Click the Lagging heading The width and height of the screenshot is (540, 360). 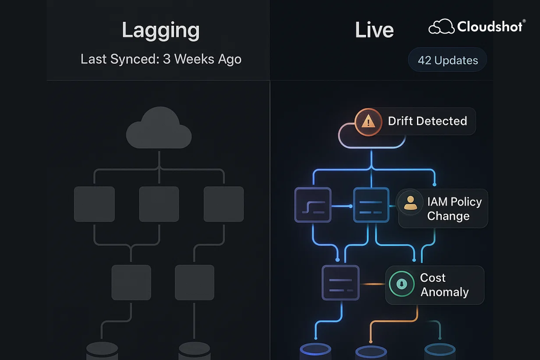click(160, 30)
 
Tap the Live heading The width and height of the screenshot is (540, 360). click(374, 30)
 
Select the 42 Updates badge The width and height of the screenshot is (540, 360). click(447, 60)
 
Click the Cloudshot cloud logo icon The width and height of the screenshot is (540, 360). click(441, 27)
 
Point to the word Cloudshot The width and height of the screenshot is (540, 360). click(489, 27)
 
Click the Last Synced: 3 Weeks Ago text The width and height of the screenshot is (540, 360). click(161, 59)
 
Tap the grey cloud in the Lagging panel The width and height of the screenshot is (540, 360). click(159, 129)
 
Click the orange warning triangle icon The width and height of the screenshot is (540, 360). click(368, 122)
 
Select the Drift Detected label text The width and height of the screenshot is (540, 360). click(427, 121)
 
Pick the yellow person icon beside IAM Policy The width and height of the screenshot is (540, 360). click(410, 202)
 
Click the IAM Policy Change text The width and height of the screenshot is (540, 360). click(454, 209)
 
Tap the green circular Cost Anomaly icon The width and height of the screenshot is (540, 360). click(402, 284)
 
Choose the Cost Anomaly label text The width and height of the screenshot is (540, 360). click(444, 285)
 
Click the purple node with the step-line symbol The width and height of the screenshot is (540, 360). click(313, 205)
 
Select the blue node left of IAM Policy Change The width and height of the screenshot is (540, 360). click(371, 205)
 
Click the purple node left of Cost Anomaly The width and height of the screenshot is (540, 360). click(340, 283)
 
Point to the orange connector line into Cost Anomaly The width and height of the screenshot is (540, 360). click(373, 284)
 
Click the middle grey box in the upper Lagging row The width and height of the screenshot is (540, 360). click(159, 204)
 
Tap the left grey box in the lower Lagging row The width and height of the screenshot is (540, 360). click(131, 283)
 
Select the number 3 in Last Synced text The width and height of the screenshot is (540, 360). click(167, 59)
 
